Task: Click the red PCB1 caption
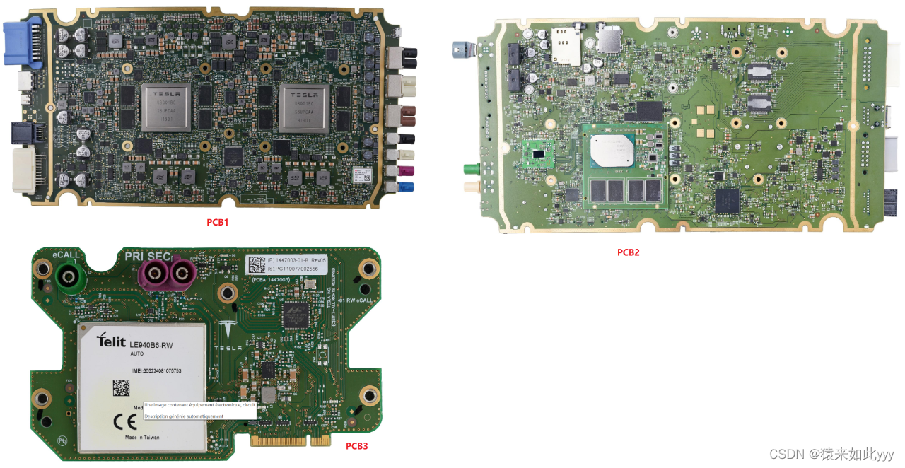click(x=217, y=222)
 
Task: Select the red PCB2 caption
click(x=628, y=252)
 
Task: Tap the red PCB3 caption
click(x=356, y=446)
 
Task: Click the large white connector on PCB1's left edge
click(x=23, y=170)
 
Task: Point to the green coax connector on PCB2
click(x=469, y=170)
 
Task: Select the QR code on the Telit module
click(x=121, y=387)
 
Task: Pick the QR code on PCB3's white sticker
click(x=255, y=265)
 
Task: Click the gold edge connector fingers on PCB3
click(x=291, y=440)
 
